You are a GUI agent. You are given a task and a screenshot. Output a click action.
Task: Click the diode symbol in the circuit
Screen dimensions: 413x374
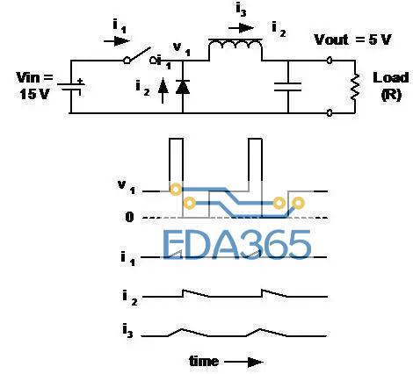183,87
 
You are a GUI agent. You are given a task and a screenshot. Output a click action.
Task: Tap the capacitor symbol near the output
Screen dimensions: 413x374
287,87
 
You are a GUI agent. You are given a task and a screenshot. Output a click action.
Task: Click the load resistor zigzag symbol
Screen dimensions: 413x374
355,87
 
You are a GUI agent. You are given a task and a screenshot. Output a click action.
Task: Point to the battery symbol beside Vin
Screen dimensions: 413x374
71,87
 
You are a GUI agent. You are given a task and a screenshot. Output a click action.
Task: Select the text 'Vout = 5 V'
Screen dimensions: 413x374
352,40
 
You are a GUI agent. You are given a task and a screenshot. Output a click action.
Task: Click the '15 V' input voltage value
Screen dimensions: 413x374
34,94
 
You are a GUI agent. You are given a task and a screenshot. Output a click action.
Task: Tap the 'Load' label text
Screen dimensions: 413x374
390,78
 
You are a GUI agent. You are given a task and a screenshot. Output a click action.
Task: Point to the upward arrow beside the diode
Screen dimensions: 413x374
163,91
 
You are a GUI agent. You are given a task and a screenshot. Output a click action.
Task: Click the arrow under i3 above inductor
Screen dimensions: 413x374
241,28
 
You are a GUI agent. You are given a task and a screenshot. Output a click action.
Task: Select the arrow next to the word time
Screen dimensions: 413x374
243,363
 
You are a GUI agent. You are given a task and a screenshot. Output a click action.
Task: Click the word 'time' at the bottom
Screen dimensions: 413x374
204,361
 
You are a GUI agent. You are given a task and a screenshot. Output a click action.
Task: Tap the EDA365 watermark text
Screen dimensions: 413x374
236,244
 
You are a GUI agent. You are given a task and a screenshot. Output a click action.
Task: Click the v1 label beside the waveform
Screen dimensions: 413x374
127,187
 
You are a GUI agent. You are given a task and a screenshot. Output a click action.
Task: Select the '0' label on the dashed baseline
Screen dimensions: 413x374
129,217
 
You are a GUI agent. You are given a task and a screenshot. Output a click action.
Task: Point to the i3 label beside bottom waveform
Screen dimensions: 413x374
127,331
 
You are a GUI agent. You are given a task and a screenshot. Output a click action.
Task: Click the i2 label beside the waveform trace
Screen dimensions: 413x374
130,298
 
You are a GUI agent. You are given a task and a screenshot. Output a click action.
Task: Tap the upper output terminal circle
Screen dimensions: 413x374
330,61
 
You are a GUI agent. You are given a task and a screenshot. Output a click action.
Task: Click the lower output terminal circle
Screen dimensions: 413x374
330,112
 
